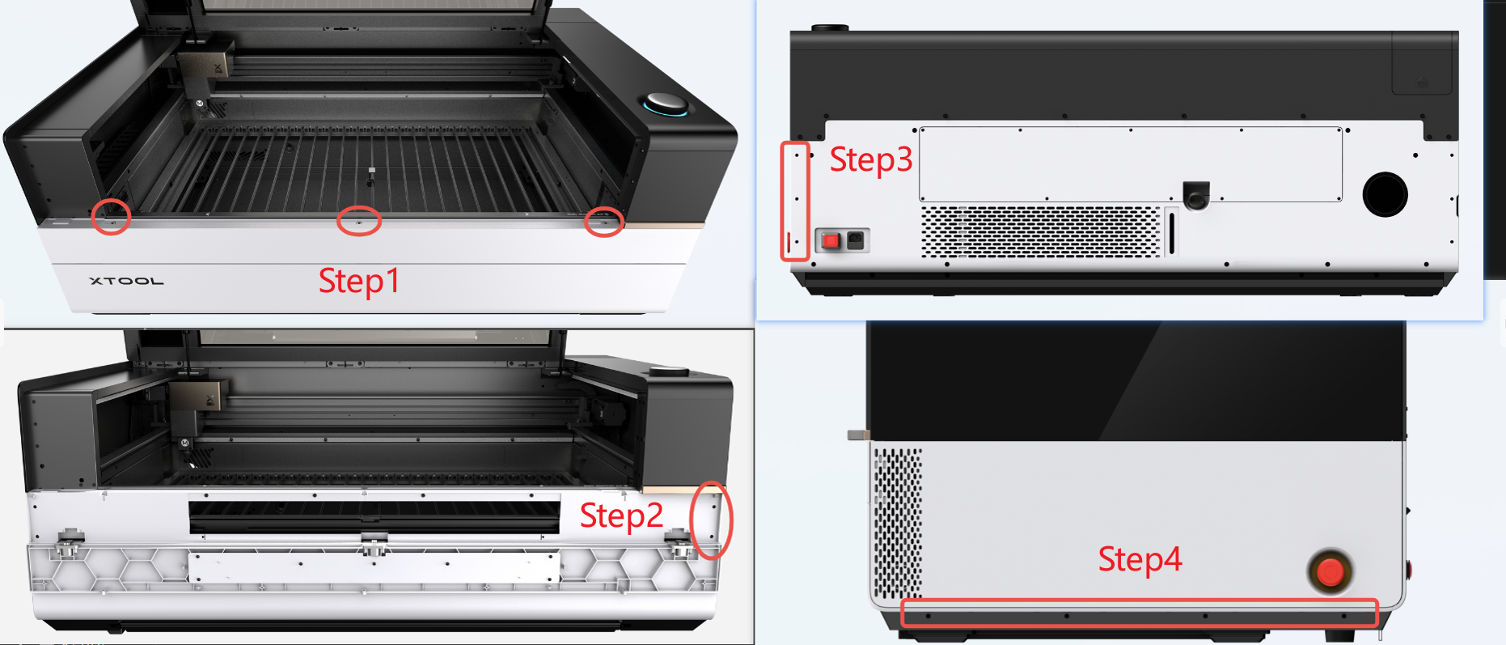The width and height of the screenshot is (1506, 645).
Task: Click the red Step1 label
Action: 358,282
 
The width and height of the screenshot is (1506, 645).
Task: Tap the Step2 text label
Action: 621,516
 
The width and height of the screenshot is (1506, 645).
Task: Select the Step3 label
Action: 871,159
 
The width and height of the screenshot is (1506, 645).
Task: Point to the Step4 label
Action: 1140,559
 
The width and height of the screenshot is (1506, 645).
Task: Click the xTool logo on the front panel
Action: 127,281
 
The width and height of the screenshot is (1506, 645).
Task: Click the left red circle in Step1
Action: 111,216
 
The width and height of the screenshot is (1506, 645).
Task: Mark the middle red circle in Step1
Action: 358,221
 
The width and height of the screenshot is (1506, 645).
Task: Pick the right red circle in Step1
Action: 604,222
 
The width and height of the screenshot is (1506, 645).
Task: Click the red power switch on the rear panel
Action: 831,240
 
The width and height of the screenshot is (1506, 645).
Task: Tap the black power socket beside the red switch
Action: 855,240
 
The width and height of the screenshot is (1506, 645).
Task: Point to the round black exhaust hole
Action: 1385,194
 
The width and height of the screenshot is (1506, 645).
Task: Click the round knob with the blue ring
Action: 666,104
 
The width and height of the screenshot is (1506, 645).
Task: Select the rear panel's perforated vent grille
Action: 1041,231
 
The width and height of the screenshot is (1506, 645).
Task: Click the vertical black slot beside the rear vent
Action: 1171,233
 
